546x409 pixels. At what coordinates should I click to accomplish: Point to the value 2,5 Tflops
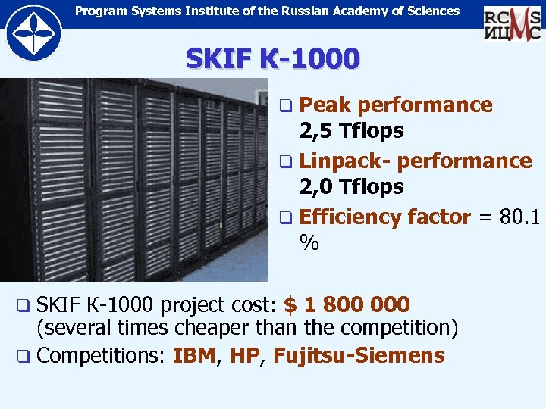point(351,131)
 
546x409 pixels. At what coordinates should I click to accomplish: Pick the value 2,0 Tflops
point(351,187)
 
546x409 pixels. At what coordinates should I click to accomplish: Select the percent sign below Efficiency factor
point(309,243)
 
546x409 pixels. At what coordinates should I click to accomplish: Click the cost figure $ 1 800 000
point(347,304)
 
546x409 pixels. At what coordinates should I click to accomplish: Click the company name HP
point(243,355)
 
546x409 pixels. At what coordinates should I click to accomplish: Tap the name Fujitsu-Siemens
point(359,355)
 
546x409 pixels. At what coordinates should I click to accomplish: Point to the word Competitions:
point(101,355)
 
